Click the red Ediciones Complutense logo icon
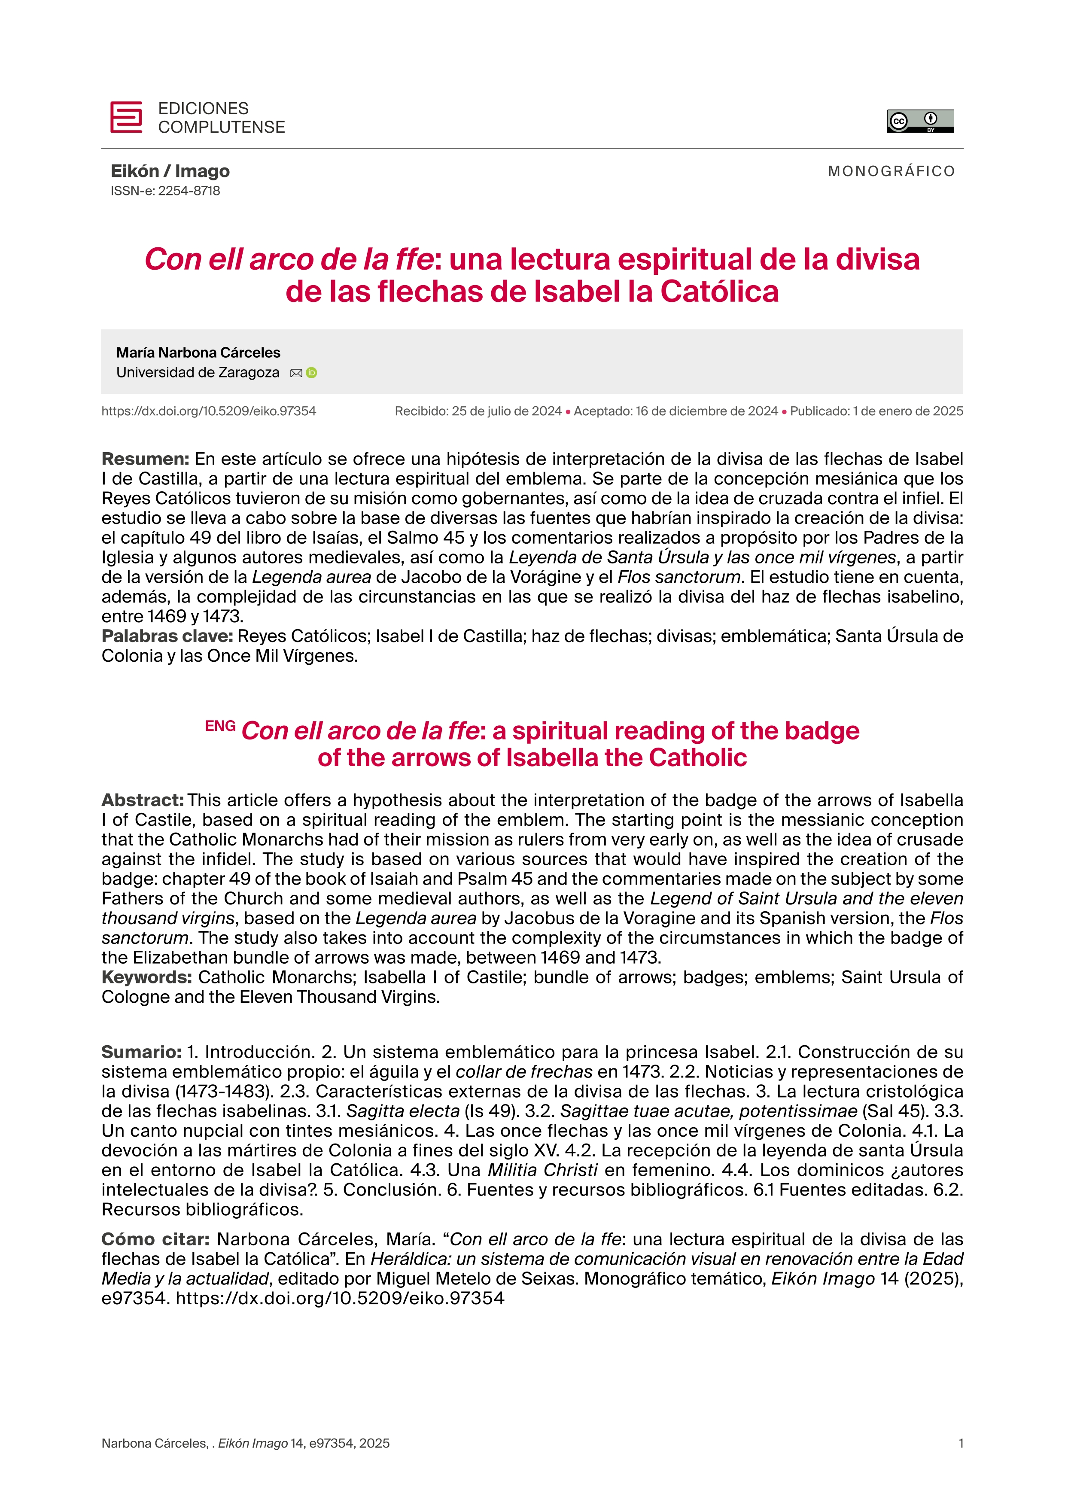tap(126, 117)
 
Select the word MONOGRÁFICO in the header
tap(891, 171)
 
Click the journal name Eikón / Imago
tap(170, 171)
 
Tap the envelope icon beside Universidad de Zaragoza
tap(296, 373)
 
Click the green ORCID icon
tap(311, 373)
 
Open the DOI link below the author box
tap(209, 411)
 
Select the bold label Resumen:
tap(145, 459)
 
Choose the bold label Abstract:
tap(142, 800)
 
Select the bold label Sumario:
tap(141, 1052)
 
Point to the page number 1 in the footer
tap(961, 1461)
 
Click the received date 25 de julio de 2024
tap(506, 411)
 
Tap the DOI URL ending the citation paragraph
tap(340, 1298)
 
